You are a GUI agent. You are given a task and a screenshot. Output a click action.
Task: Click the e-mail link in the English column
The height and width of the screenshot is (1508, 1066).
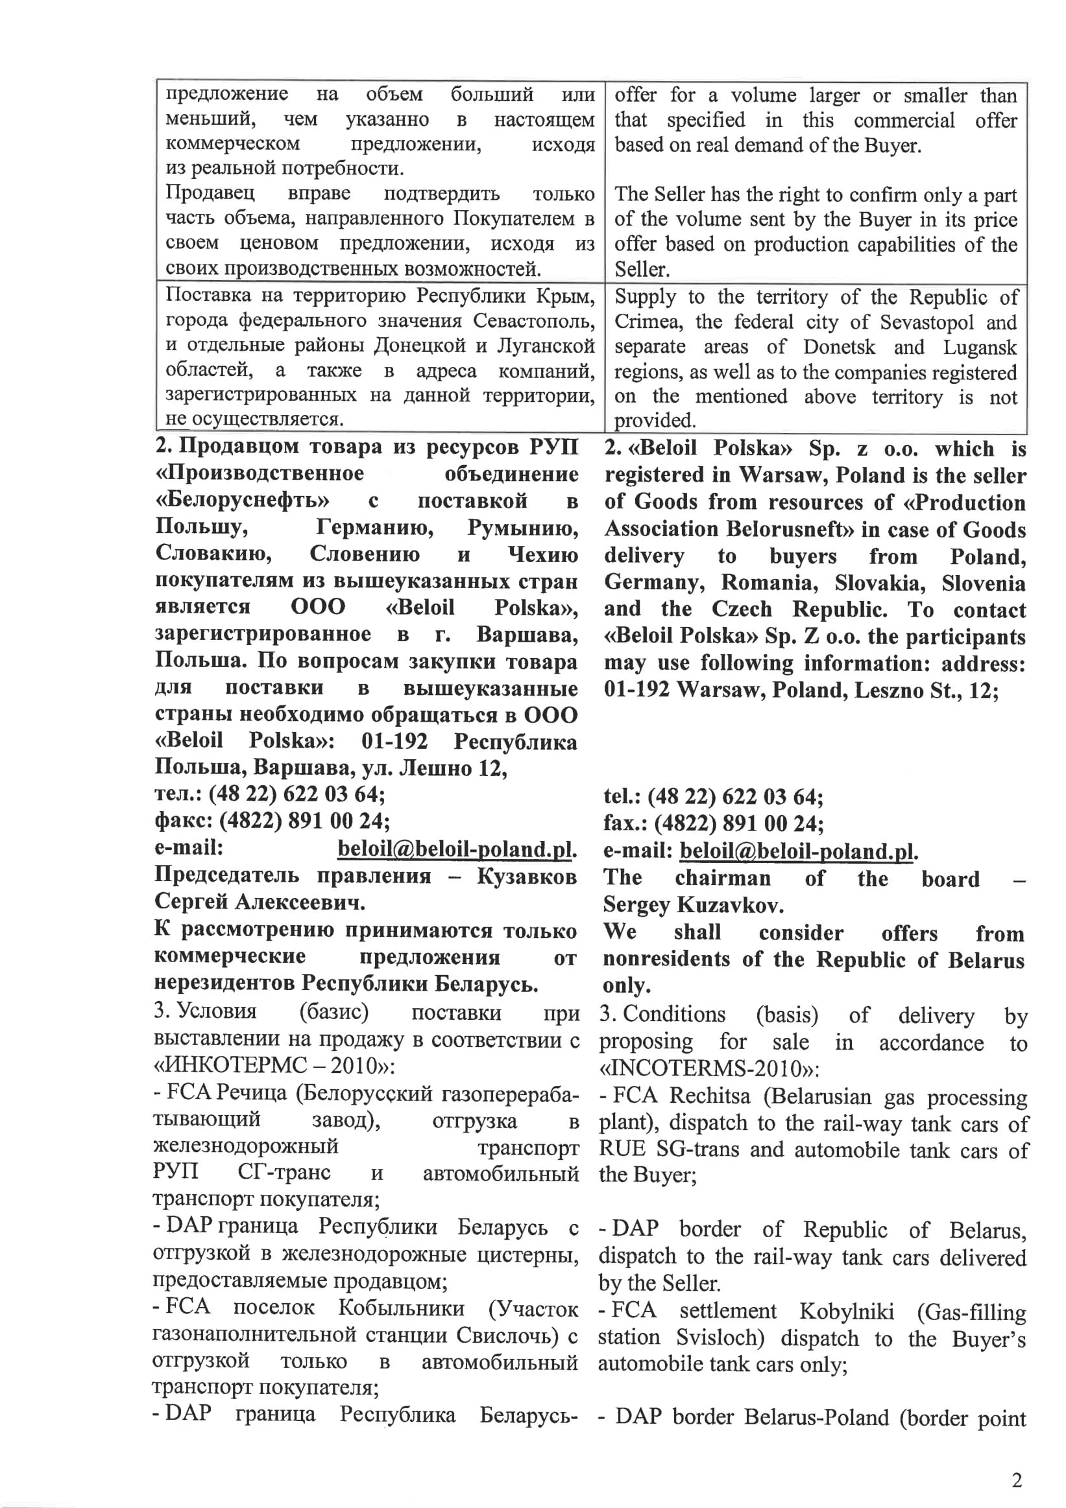point(798,851)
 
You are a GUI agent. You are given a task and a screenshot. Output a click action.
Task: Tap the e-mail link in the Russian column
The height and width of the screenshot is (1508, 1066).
point(456,849)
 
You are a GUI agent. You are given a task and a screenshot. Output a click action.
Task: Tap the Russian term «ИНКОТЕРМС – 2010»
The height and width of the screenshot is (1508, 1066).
point(273,1065)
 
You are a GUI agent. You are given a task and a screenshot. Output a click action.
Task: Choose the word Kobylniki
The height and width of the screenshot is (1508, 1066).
point(847,1311)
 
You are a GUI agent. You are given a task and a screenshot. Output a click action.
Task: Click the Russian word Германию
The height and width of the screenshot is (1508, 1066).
point(374,526)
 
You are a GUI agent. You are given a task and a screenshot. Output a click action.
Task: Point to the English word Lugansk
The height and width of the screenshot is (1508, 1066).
point(979,347)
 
